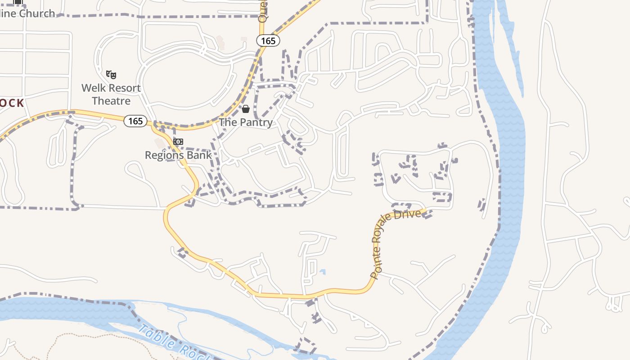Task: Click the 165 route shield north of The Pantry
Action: pos(268,40)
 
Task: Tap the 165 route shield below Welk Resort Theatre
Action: pos(135,121)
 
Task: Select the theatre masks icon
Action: pos(111,74)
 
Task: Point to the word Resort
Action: pos(123,88)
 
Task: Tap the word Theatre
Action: pos(111,101)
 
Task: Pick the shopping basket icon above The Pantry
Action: pos(246,109)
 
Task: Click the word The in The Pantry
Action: pos(228,122)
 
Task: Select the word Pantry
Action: pos(256,122)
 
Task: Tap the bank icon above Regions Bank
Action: pos(178,142)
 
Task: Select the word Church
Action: pos(37,13)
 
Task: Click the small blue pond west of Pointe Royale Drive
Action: pos(323,271)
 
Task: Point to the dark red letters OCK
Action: pos(12,103)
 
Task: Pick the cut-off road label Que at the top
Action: pos(263,12)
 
